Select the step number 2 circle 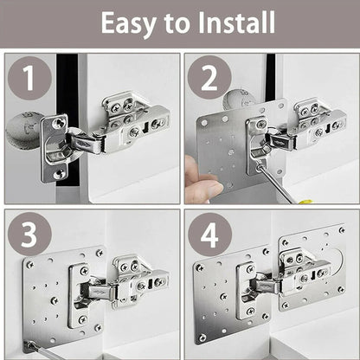tap(209, 79)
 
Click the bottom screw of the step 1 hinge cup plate tap(58, 173)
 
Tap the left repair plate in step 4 tap(221, 294)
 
